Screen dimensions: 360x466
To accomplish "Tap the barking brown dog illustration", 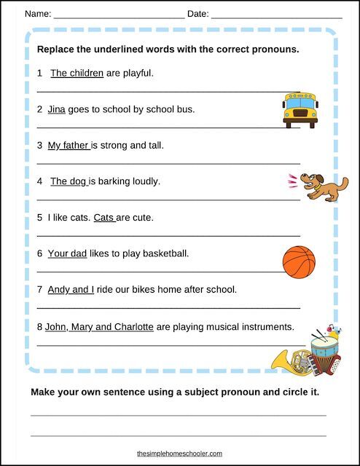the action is click(x=318, y=186).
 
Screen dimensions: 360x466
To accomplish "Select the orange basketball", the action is click(x=298, y=262).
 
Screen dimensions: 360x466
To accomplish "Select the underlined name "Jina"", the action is click(x=57, y=109).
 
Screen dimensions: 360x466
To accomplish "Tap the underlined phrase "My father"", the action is click(x=68, y=145).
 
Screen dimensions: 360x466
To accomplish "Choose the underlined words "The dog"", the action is click(x=69, y=181).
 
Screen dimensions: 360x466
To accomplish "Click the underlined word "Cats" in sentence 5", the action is click(x=104, y=217).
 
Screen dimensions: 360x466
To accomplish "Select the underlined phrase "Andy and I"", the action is click(x=71, y=289).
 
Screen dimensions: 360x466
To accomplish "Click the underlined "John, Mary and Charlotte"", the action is click(x=99, y=326).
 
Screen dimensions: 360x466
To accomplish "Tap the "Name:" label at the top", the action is click(x=38, y=14).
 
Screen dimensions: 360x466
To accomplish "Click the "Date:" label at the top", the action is click(x=197, y=14).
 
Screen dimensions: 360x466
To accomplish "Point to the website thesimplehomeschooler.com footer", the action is click(x=180, y=453).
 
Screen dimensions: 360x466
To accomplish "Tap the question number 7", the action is click(x=39, y=289).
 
